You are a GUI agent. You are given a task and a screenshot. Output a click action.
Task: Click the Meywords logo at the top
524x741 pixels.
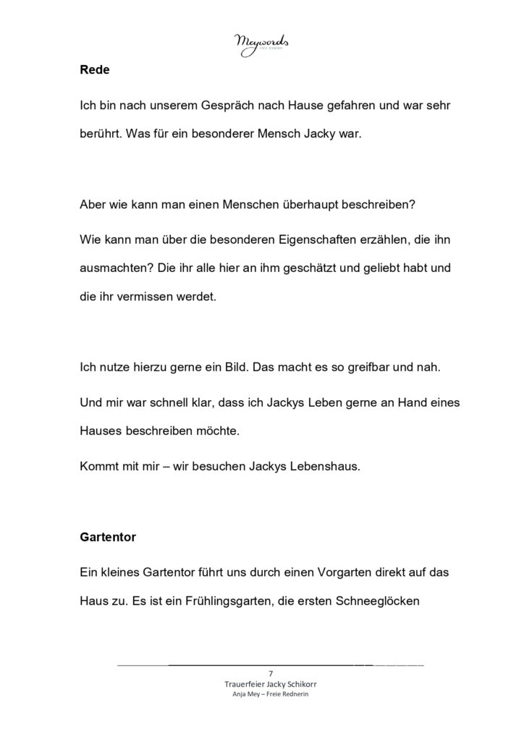[x=262, y=45]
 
